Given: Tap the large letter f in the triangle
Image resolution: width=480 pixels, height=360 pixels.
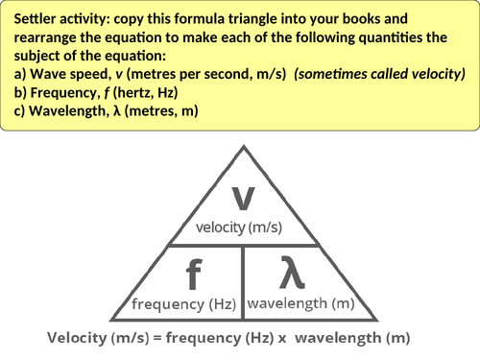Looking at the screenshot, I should [194, 276].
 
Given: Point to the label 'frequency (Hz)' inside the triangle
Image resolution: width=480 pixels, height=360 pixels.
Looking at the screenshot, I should [184, 304].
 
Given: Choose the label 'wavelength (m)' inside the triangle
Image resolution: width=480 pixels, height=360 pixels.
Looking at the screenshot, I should [300, 303].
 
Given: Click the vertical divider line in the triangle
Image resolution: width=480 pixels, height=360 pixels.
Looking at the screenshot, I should [242, 281].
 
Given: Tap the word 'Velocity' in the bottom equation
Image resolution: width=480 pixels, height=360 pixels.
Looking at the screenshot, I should [78, 338].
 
